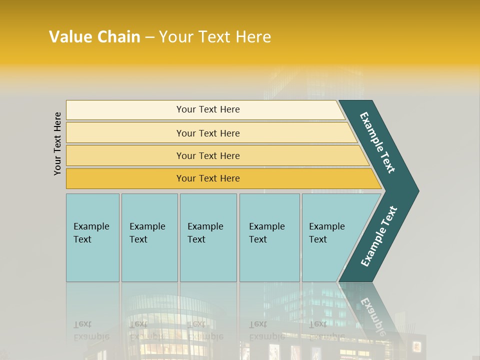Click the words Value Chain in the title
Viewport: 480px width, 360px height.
[x=94, y=37]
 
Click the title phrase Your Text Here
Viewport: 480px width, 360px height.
[x=215, y=37]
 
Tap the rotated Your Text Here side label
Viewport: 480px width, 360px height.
[x=57, y=143]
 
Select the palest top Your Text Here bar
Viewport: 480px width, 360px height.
[x=208, y=109]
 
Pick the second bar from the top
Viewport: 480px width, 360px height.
[x=208, y=133]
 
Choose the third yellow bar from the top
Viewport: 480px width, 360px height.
[x=208, y=155]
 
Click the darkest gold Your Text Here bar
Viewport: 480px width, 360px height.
[x=208, y=178]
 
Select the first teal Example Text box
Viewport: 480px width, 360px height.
[x=92, y=237]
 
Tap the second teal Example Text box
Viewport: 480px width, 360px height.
[x=149, y=237]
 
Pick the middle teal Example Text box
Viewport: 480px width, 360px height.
[x=208, y=237]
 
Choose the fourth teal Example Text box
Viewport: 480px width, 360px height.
[x=269, y=237]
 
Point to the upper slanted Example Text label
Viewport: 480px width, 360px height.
[x=377, y=142]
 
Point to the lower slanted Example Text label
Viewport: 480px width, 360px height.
[x=379, y=236]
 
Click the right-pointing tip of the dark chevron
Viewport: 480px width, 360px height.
[x=416, y=191]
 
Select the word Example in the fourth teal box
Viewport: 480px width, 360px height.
[x=267, y=226]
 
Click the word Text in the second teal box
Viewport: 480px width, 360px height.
[x=138, y=239]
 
